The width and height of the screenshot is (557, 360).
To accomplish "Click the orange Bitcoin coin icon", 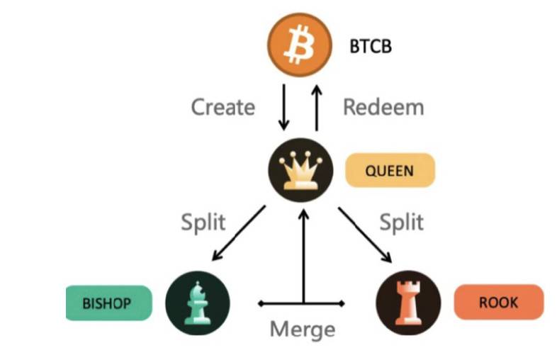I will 299,46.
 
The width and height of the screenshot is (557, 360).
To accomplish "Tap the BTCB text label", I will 371,47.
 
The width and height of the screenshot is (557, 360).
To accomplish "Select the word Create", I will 223,107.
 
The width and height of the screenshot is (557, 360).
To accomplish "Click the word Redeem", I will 383,107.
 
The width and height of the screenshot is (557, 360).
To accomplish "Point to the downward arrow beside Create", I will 284,107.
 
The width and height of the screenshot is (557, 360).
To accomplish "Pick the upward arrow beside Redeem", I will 316,107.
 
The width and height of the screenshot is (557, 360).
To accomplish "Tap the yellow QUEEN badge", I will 389,171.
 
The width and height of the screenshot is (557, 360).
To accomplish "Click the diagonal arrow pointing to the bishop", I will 239,233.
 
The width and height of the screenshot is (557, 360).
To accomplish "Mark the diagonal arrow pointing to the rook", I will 364,234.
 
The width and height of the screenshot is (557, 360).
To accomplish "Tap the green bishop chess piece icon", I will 197,302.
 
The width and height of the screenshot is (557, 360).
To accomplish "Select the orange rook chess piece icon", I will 407,303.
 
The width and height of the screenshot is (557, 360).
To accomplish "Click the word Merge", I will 302,330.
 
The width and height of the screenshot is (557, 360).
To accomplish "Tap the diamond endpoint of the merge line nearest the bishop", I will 260,303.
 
